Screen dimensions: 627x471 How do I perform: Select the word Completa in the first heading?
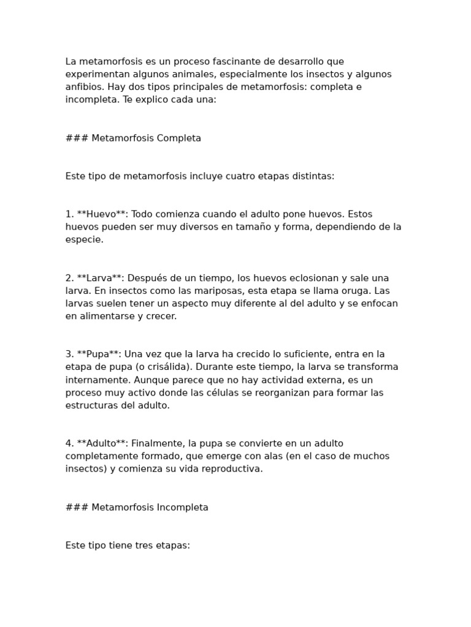[x=179, y=138]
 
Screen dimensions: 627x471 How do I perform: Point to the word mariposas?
[x=183, y=291]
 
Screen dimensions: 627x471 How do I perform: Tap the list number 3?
[x=69, y=354]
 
